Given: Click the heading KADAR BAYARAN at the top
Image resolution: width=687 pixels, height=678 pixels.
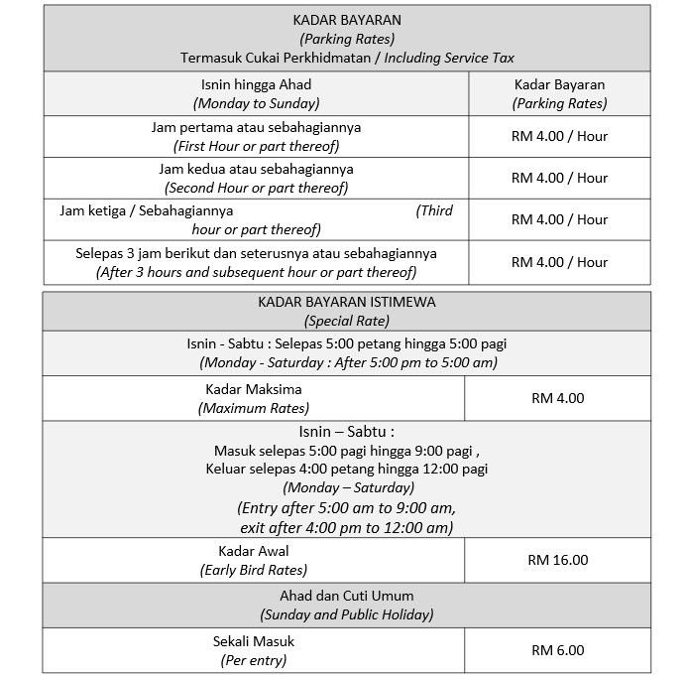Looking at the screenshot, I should pyautogui.click(x=347, y=20).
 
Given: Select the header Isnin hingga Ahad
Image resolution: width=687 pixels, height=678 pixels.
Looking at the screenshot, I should pyautogui.click(x=256, y=84).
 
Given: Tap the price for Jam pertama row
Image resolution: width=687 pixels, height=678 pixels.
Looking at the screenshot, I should pyautogui.click(x=559, y=136).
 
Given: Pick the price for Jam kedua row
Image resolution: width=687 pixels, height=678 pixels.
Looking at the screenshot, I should pyautogui.click(x=559, y=178).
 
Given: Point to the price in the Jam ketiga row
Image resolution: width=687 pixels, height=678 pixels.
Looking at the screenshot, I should pyautogui.click(x=559, y=219).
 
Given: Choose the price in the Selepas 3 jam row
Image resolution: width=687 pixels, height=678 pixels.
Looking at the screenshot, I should pyautogui.click(x=559, y=262).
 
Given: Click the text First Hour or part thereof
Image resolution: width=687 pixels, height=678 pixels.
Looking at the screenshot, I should pyautogui.click(x=256, y=146).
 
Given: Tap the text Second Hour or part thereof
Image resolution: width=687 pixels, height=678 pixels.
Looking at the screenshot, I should pyautogui.click(x=256, y=188).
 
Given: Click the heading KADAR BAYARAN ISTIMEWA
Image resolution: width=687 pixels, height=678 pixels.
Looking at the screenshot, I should pyautogui.click(x=347, y=302).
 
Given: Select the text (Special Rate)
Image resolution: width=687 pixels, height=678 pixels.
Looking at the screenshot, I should pyautogui.click(x=347, y=321).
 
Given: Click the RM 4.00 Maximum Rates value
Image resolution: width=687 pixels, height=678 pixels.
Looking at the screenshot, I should pyautogui.click(x=558, y=398).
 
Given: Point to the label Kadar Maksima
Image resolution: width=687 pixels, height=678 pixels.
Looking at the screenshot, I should pyautogui.click(x=253, y=389).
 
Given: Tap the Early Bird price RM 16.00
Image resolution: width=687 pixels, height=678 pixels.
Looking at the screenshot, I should pyautogui.click(x=558, y=560).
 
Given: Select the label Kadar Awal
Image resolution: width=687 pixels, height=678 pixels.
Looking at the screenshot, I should pyautogui.click(x=253, y=551).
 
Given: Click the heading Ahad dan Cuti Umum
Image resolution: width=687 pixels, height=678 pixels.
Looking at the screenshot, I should pyautogui.click(x=347, y=596).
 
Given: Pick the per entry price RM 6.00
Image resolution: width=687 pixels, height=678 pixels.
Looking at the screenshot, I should pyautogui.click(x=558, y=650).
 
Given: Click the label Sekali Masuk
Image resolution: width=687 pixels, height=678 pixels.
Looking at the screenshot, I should pyautogui.click(x=253, y=641).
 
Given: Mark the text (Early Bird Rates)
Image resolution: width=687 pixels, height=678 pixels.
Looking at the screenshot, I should pyautogui.click(x=253, y=570).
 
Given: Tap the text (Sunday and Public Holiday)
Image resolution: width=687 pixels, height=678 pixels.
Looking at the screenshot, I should pyautogui.click(x=347, y=614).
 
